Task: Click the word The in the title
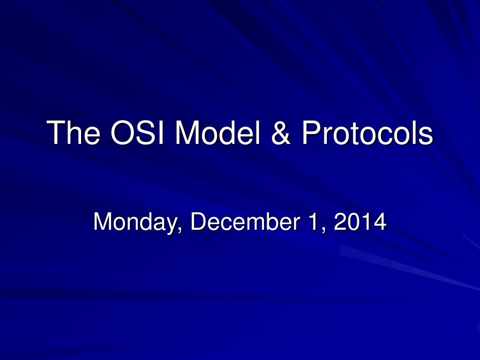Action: [x=74, y=132]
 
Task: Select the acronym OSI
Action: [x=138, y=132]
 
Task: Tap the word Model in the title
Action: [x=217, y=132]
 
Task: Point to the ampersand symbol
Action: [x=281, y=133]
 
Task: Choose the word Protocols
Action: [x=367, y=132]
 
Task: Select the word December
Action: [x=245, y=221]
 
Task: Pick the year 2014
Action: [x=360, y=221]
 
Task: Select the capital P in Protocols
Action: [x=311, y=132]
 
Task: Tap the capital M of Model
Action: [x=187, y=132]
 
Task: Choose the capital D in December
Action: [x=198, y=221]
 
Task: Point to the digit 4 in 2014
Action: [x=380, y=221]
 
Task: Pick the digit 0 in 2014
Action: [x=353, y=221]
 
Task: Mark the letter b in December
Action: [x=270, y=221]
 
